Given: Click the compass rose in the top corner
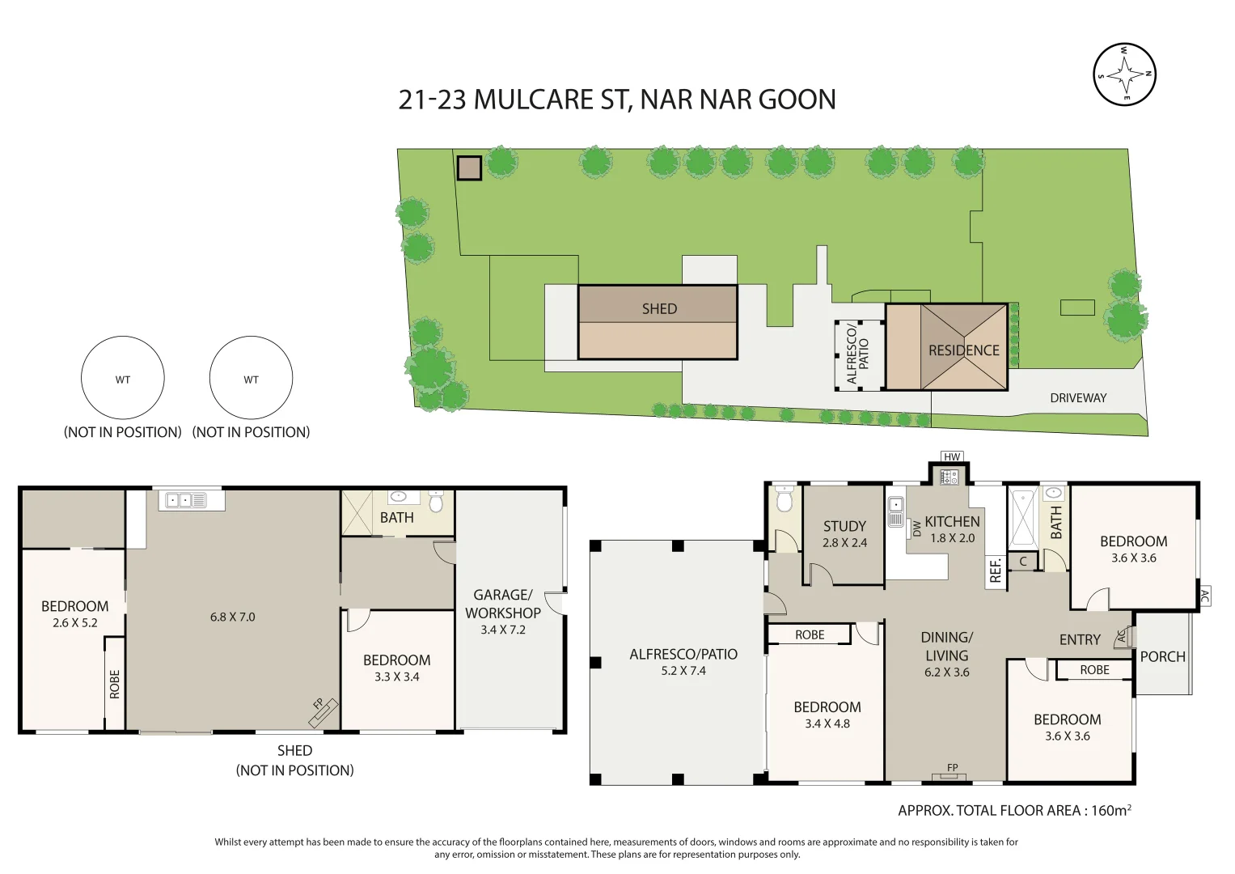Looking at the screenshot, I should [1124, 74].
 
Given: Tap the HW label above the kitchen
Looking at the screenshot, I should [952, 457].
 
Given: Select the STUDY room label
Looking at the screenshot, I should [844, 526].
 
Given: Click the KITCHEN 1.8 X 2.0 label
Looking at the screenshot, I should [952, 529].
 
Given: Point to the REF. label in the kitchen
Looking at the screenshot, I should [996, 570].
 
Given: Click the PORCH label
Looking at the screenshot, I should [1162, 657].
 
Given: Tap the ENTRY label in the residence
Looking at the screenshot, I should [1080, 640].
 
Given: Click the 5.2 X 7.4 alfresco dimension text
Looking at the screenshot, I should [683, 671].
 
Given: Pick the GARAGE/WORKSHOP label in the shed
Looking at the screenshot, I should [502, 604].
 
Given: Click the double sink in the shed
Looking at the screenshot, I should [186, 501].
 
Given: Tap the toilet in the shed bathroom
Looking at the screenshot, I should [436, 503].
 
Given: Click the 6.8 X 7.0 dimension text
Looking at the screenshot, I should [232, 617].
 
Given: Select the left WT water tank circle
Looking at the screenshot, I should [123, 379].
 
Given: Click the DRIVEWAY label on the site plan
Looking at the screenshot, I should [1077, 398].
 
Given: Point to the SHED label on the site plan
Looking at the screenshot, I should [659, 309].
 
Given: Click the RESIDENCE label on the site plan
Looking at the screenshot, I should [963, 350].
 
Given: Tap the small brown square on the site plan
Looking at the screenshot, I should [469, 168].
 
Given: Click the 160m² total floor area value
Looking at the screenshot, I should [1110, 810].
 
